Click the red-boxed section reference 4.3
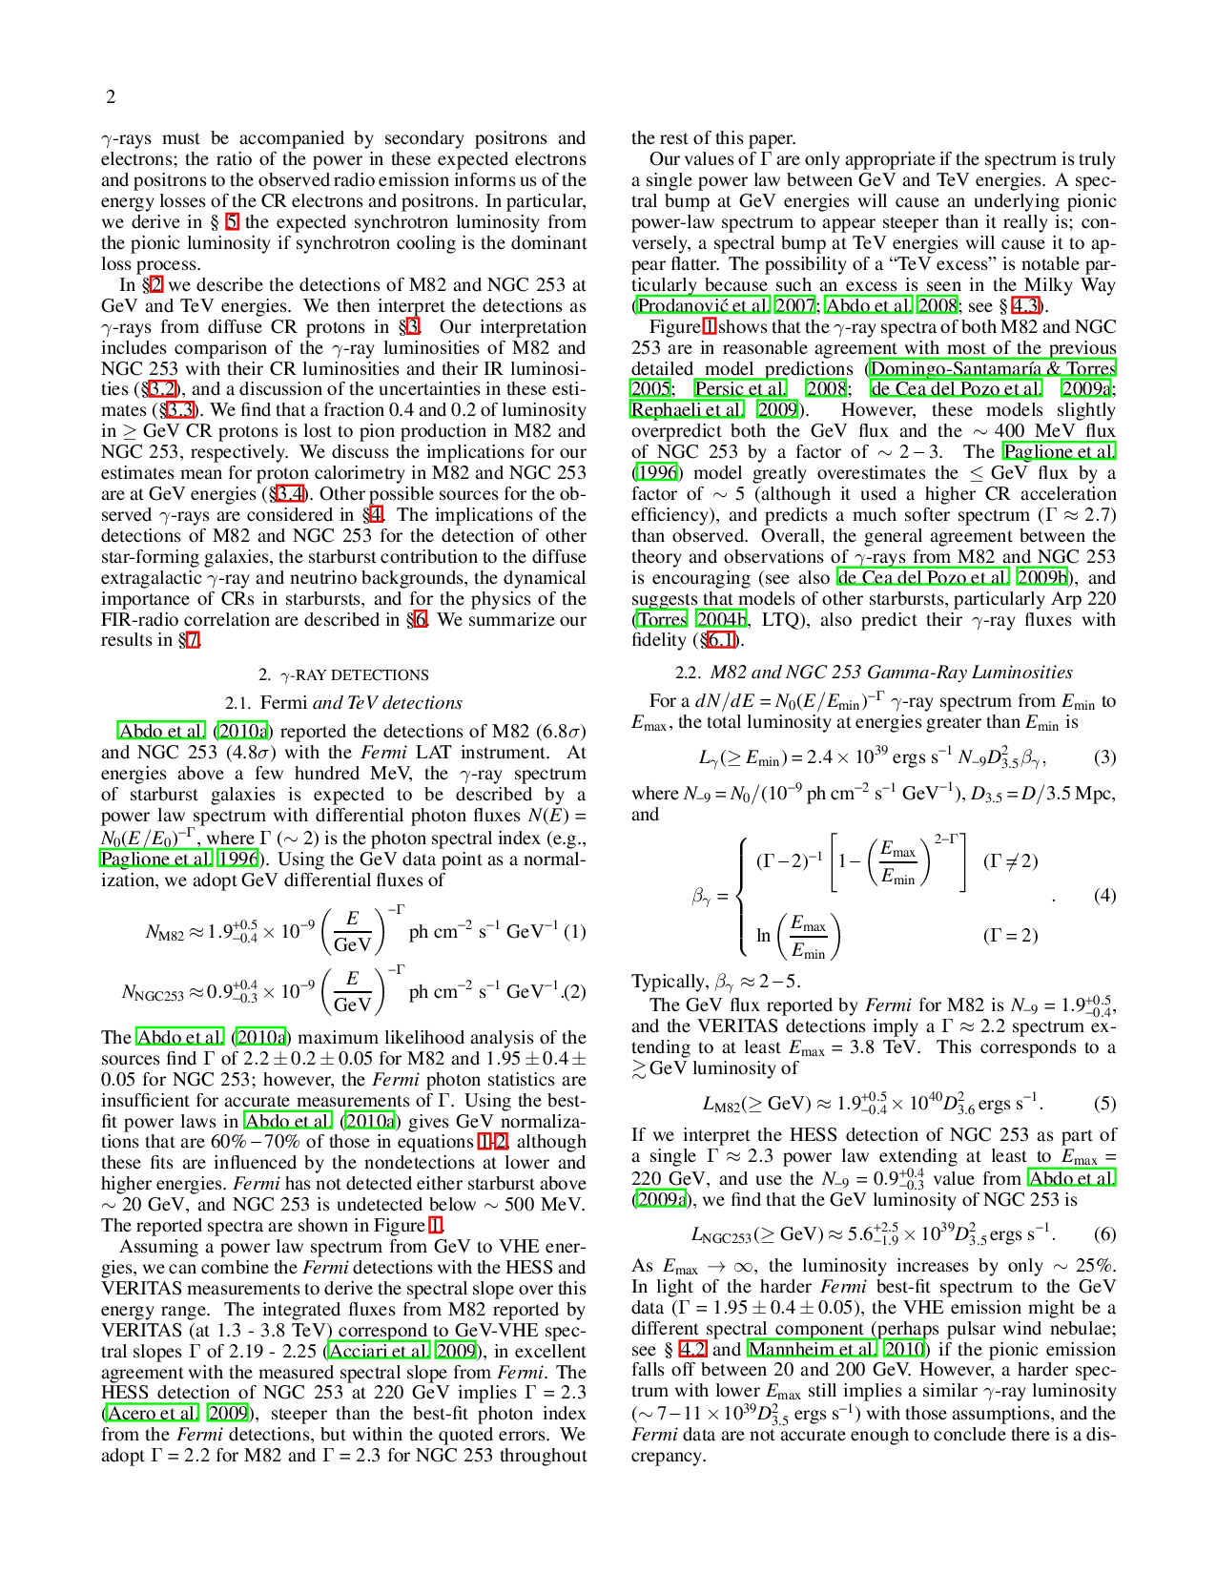pos(1024,305)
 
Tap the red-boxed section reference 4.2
pos(691,1349)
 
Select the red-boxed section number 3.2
pos(162,388)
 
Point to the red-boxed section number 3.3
pos(180,410)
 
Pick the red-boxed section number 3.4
pos(289,493)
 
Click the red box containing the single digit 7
pos(193,639)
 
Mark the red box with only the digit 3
pos(413,326)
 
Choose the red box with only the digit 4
pos(377,514)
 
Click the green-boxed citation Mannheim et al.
pos(810,1349)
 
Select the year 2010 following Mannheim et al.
pos(903,1349)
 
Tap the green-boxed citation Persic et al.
pos(740,389)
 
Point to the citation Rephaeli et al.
pos(686,410)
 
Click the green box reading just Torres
pos(660,618)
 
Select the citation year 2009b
pos(1041,576)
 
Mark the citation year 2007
pos(793,305)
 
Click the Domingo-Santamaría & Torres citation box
pos(991,367)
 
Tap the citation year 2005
pos(649,389)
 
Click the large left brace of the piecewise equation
pos(743,897)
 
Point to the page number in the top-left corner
pos(111,96)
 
